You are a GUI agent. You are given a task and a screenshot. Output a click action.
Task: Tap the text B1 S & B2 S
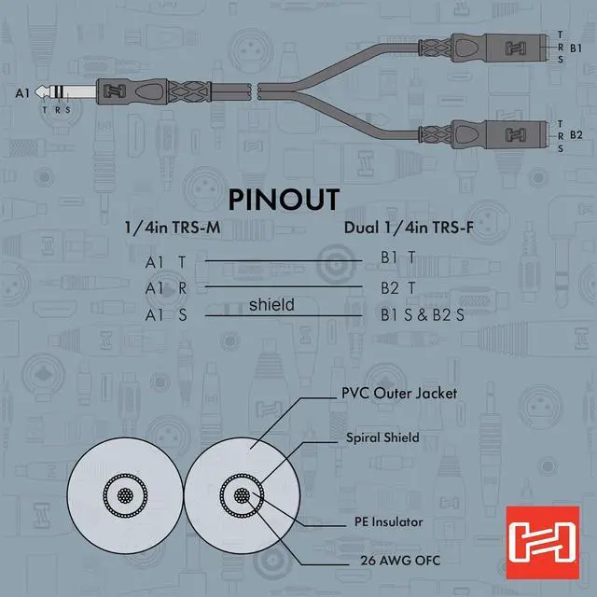(422, 315)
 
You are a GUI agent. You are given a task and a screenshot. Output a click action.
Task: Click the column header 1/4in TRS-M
(173, 228)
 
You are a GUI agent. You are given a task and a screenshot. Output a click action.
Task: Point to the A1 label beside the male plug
(23, 92)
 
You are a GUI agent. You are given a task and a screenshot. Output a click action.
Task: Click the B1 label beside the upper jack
(576, 47)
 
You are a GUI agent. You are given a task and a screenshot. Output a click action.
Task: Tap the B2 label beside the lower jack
(576, 134)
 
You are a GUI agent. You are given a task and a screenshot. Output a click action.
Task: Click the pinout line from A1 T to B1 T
(284, 259)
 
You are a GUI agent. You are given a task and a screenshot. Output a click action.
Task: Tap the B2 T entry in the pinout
(397, 287)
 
